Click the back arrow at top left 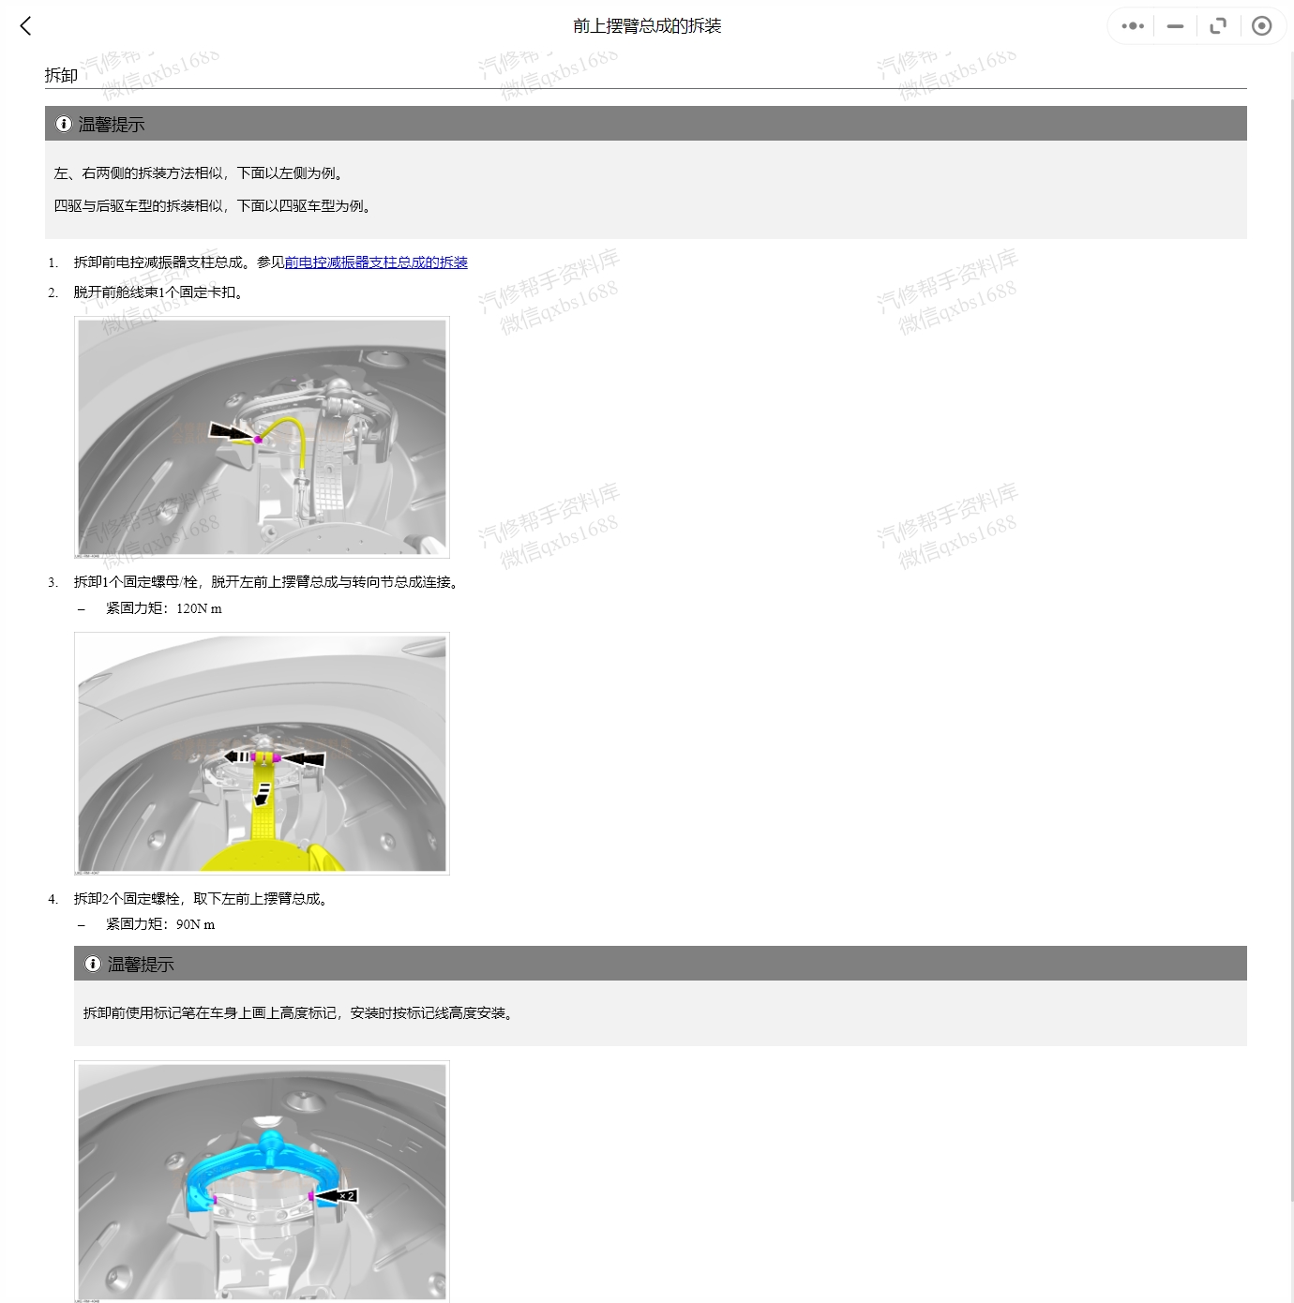pos(26,26)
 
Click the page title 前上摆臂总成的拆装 pos(647,26)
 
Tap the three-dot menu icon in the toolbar pos(1133,26)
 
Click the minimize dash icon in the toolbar pos(1175,26)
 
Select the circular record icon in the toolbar pos(1262,26)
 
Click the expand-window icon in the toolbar pos(1218,26)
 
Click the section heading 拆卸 pos(61,75)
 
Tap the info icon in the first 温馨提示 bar pos(64,124)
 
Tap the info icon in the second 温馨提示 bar pos(93,964)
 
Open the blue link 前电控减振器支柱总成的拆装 pos(376,262)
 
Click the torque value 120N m pos(199,608)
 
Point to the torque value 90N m pos(195,924)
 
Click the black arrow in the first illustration pos(231,432)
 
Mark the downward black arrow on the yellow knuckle pos(263,795)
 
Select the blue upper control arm pos(263,1158)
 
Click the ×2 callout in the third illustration pos(347,1196)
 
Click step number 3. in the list pos(53,582)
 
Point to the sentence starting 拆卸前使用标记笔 pos(298,1013)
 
